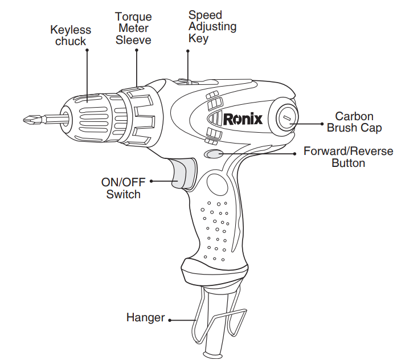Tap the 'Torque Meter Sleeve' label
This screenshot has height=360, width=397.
(133, 28)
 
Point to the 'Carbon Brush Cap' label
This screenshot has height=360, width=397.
(354, 122)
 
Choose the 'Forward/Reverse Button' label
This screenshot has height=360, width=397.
(348, 157)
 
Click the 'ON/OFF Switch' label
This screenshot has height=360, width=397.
(123, 188)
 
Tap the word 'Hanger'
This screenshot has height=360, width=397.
(145, 318)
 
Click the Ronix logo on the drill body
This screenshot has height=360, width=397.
(242, 119)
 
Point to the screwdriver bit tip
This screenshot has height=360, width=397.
(26, 120)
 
